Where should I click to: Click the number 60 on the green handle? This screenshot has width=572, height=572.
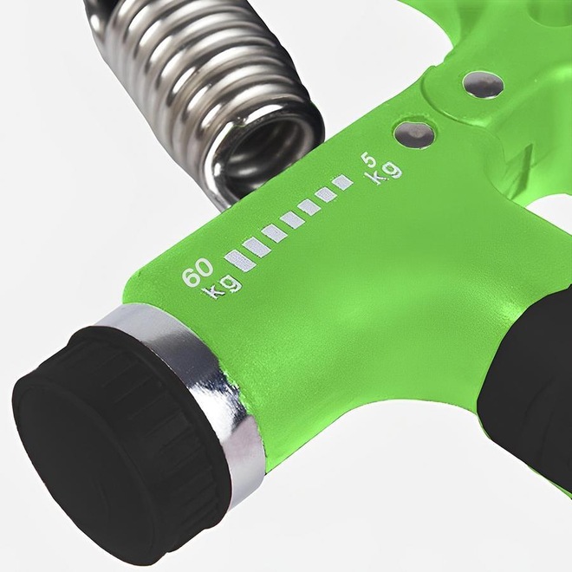point(198,272)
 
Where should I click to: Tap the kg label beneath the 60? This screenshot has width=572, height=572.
point(224,287)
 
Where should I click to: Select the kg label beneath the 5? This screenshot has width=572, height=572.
point(385,172)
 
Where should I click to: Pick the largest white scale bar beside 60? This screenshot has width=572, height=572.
point(241,261)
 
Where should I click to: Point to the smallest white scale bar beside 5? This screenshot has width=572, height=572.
point(342,182)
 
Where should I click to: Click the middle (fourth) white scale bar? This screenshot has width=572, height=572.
point(293,220)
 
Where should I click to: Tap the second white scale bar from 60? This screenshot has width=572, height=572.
point(257,248)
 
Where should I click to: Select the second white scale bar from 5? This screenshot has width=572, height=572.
point(326,194)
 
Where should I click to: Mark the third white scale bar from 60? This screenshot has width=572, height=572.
point(275,234)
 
